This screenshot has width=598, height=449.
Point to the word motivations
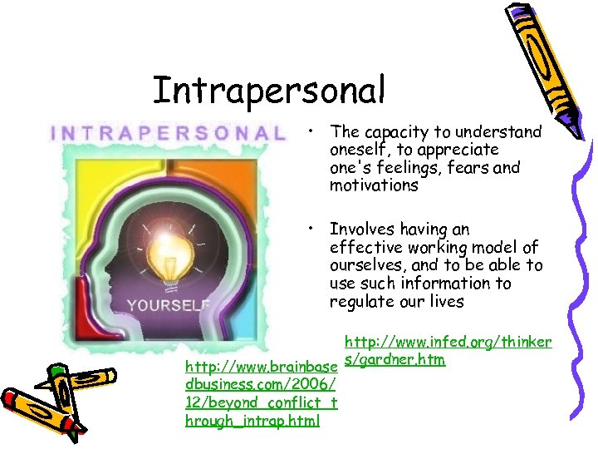click(374, 185)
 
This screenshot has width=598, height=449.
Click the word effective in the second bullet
click(364, 248)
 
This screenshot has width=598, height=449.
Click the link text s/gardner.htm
click(394, 359)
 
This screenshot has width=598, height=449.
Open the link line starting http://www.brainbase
click(261, 368)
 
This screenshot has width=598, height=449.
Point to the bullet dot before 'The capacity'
click(308, 131)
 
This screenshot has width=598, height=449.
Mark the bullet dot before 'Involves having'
click(308, 229)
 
